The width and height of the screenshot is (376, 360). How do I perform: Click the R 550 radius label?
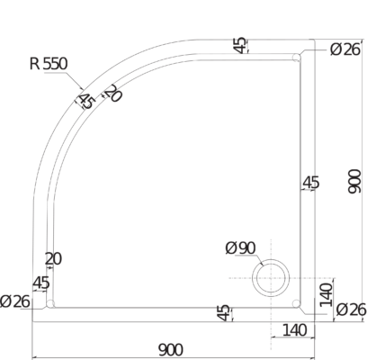point(49,64)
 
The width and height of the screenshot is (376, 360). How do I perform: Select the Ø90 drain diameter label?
point(240,248)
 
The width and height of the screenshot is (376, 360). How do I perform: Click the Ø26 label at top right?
point(345,49)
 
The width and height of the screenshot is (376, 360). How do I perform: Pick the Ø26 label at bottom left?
point(15,301)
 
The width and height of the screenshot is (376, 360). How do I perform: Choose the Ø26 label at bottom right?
point(351,310)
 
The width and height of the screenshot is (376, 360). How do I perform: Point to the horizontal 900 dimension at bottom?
point(170,350)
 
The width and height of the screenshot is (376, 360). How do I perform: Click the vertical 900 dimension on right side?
point(354,181)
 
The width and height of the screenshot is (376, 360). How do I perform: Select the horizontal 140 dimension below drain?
point(295,330)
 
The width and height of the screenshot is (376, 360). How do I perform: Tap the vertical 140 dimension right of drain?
point(327,295)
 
